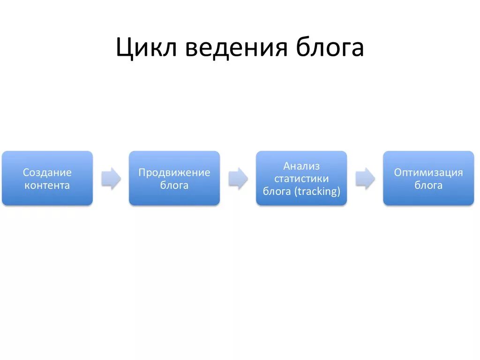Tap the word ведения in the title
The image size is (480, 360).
tap(236, 48)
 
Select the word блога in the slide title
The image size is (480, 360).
tap(330, 48)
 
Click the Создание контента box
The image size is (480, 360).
tap(47, 178)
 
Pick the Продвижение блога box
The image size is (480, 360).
tap(174, 178)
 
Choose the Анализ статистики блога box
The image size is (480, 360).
tap(301, 178)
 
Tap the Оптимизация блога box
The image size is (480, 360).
tap(428, 178)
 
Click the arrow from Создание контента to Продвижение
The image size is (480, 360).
tap(111, 179)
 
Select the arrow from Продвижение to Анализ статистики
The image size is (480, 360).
tap(238, 179)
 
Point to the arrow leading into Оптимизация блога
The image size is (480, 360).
tap(365, 179)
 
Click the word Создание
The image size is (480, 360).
tap(47, 172)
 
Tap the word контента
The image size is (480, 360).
tap(47, 185)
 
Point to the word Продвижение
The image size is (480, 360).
tap(174, 172)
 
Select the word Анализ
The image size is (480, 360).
tap(301, 166)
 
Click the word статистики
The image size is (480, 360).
tap(301, 179)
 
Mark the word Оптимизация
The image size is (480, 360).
tap(428, 172)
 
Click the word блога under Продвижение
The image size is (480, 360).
tap(174, 185)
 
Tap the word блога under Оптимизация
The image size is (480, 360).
tap(428, 185)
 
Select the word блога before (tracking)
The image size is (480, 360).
tap(277, 191)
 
